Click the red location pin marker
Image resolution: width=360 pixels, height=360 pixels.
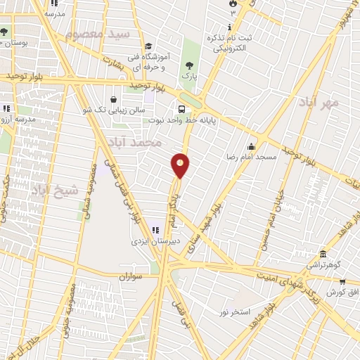[181, 165]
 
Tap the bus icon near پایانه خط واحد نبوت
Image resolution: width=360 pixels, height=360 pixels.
[182, 109]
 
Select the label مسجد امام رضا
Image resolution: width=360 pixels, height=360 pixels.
[252, 156]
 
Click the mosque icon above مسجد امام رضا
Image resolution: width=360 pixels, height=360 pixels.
[251, 146]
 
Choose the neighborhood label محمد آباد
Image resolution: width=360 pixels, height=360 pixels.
[141, 142]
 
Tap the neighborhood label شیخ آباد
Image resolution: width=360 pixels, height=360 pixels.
[49, 188]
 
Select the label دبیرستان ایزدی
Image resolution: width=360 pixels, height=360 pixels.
[156, 240]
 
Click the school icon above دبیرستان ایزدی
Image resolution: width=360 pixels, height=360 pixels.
[155, 229]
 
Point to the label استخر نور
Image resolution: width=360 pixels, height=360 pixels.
[235, 311]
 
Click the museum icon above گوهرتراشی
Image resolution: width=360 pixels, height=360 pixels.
[323, 254]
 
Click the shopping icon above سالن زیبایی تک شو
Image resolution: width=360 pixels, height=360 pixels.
[113, 99]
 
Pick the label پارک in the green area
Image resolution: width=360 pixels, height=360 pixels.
[188, 72]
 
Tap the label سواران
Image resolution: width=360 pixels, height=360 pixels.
[131, 276]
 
